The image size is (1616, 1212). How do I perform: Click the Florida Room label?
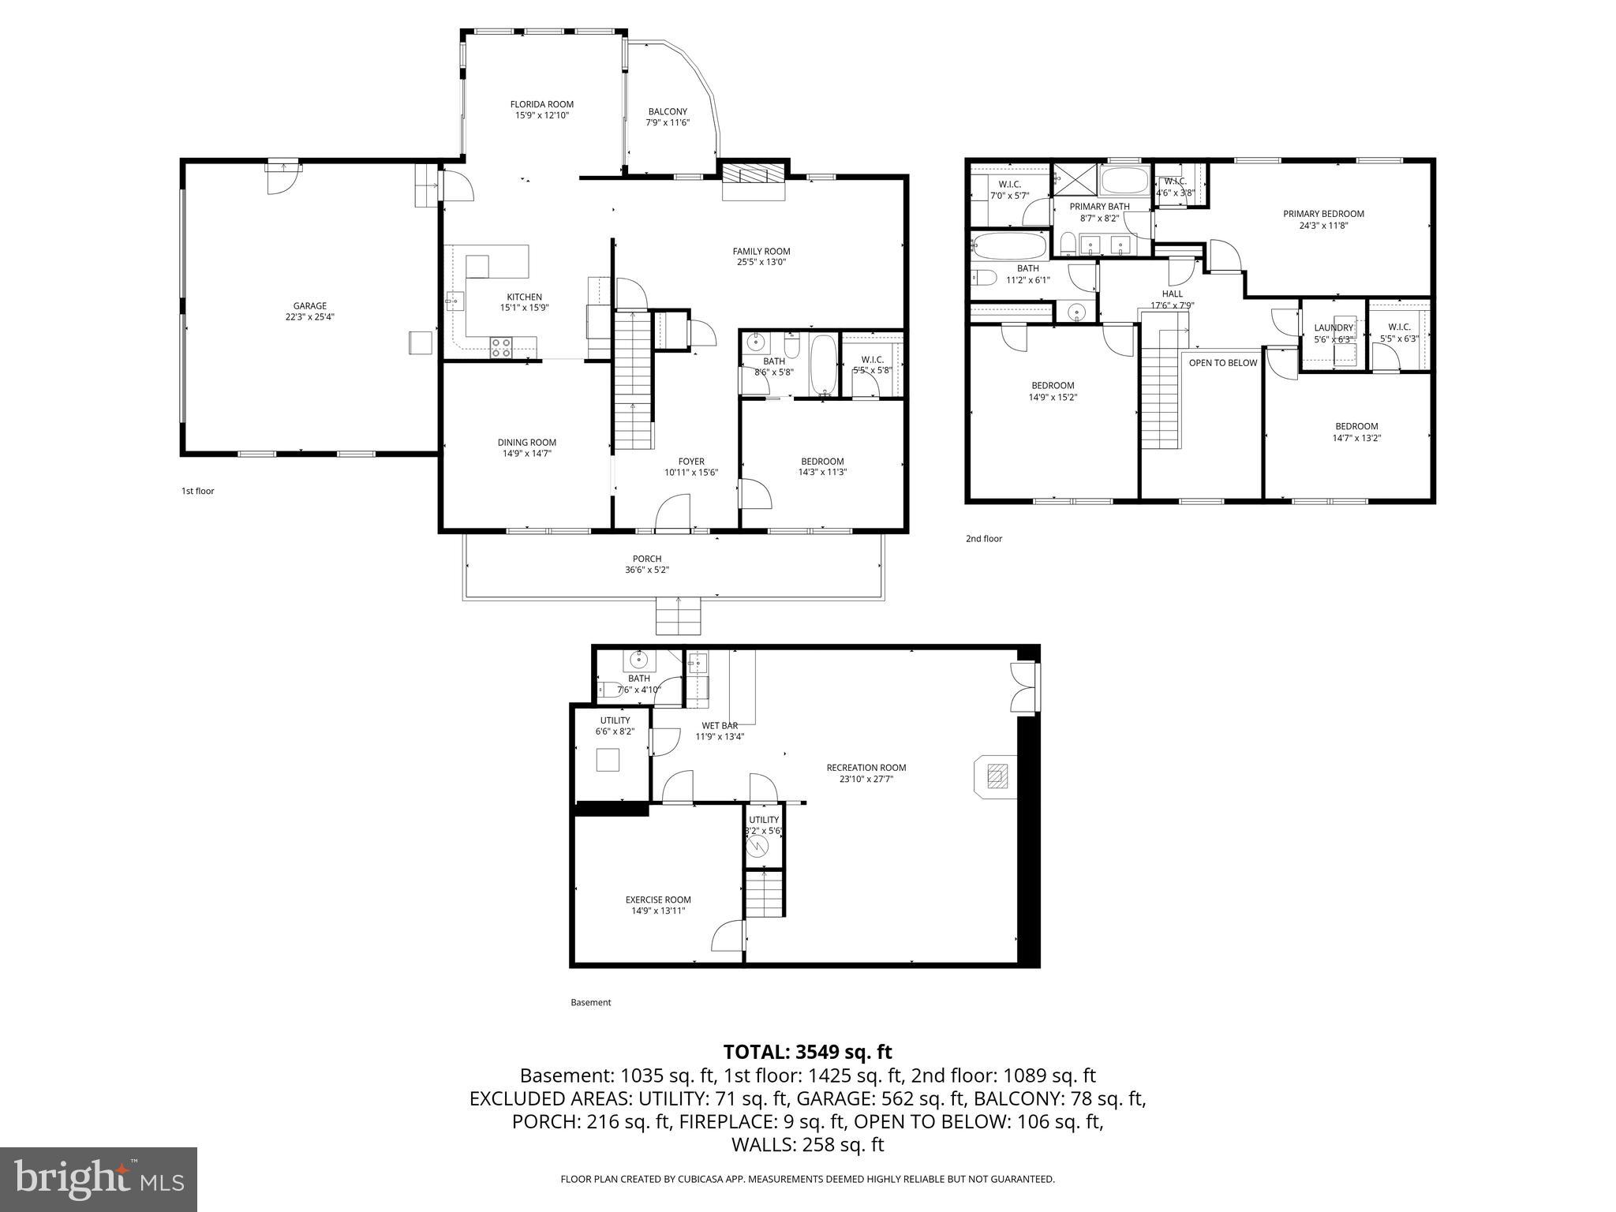click(x=541, y=104)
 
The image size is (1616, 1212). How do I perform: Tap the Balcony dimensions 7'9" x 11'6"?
click(x=668, y=122)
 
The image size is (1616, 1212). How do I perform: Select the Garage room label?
click(x=309, y=306)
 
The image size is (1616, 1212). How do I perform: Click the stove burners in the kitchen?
click(x=501, y=347)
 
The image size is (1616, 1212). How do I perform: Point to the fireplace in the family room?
click(x=754, y=175)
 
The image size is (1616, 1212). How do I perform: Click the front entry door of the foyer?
click(x=672, y=530)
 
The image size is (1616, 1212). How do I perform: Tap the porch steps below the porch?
click(x=679, y=615)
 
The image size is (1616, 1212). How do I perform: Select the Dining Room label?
click(x=526, y=443)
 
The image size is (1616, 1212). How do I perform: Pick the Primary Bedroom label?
click(x=1323, y=214)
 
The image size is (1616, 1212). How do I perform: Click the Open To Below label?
click(x=1223, y=363)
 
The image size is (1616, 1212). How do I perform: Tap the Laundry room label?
click(x=1334, y=328)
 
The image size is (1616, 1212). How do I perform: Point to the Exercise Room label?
click(x=658, y=900)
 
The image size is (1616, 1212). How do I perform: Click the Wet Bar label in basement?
click(x=720, y=726)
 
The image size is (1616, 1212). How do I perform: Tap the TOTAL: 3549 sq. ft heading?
click(x=807, y=1052)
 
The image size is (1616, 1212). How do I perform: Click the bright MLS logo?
click(x=99, y=1180)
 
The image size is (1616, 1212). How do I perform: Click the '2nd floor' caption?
click(x=984, y=539)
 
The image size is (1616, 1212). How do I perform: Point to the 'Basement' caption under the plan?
click(x=590, y=1003)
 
